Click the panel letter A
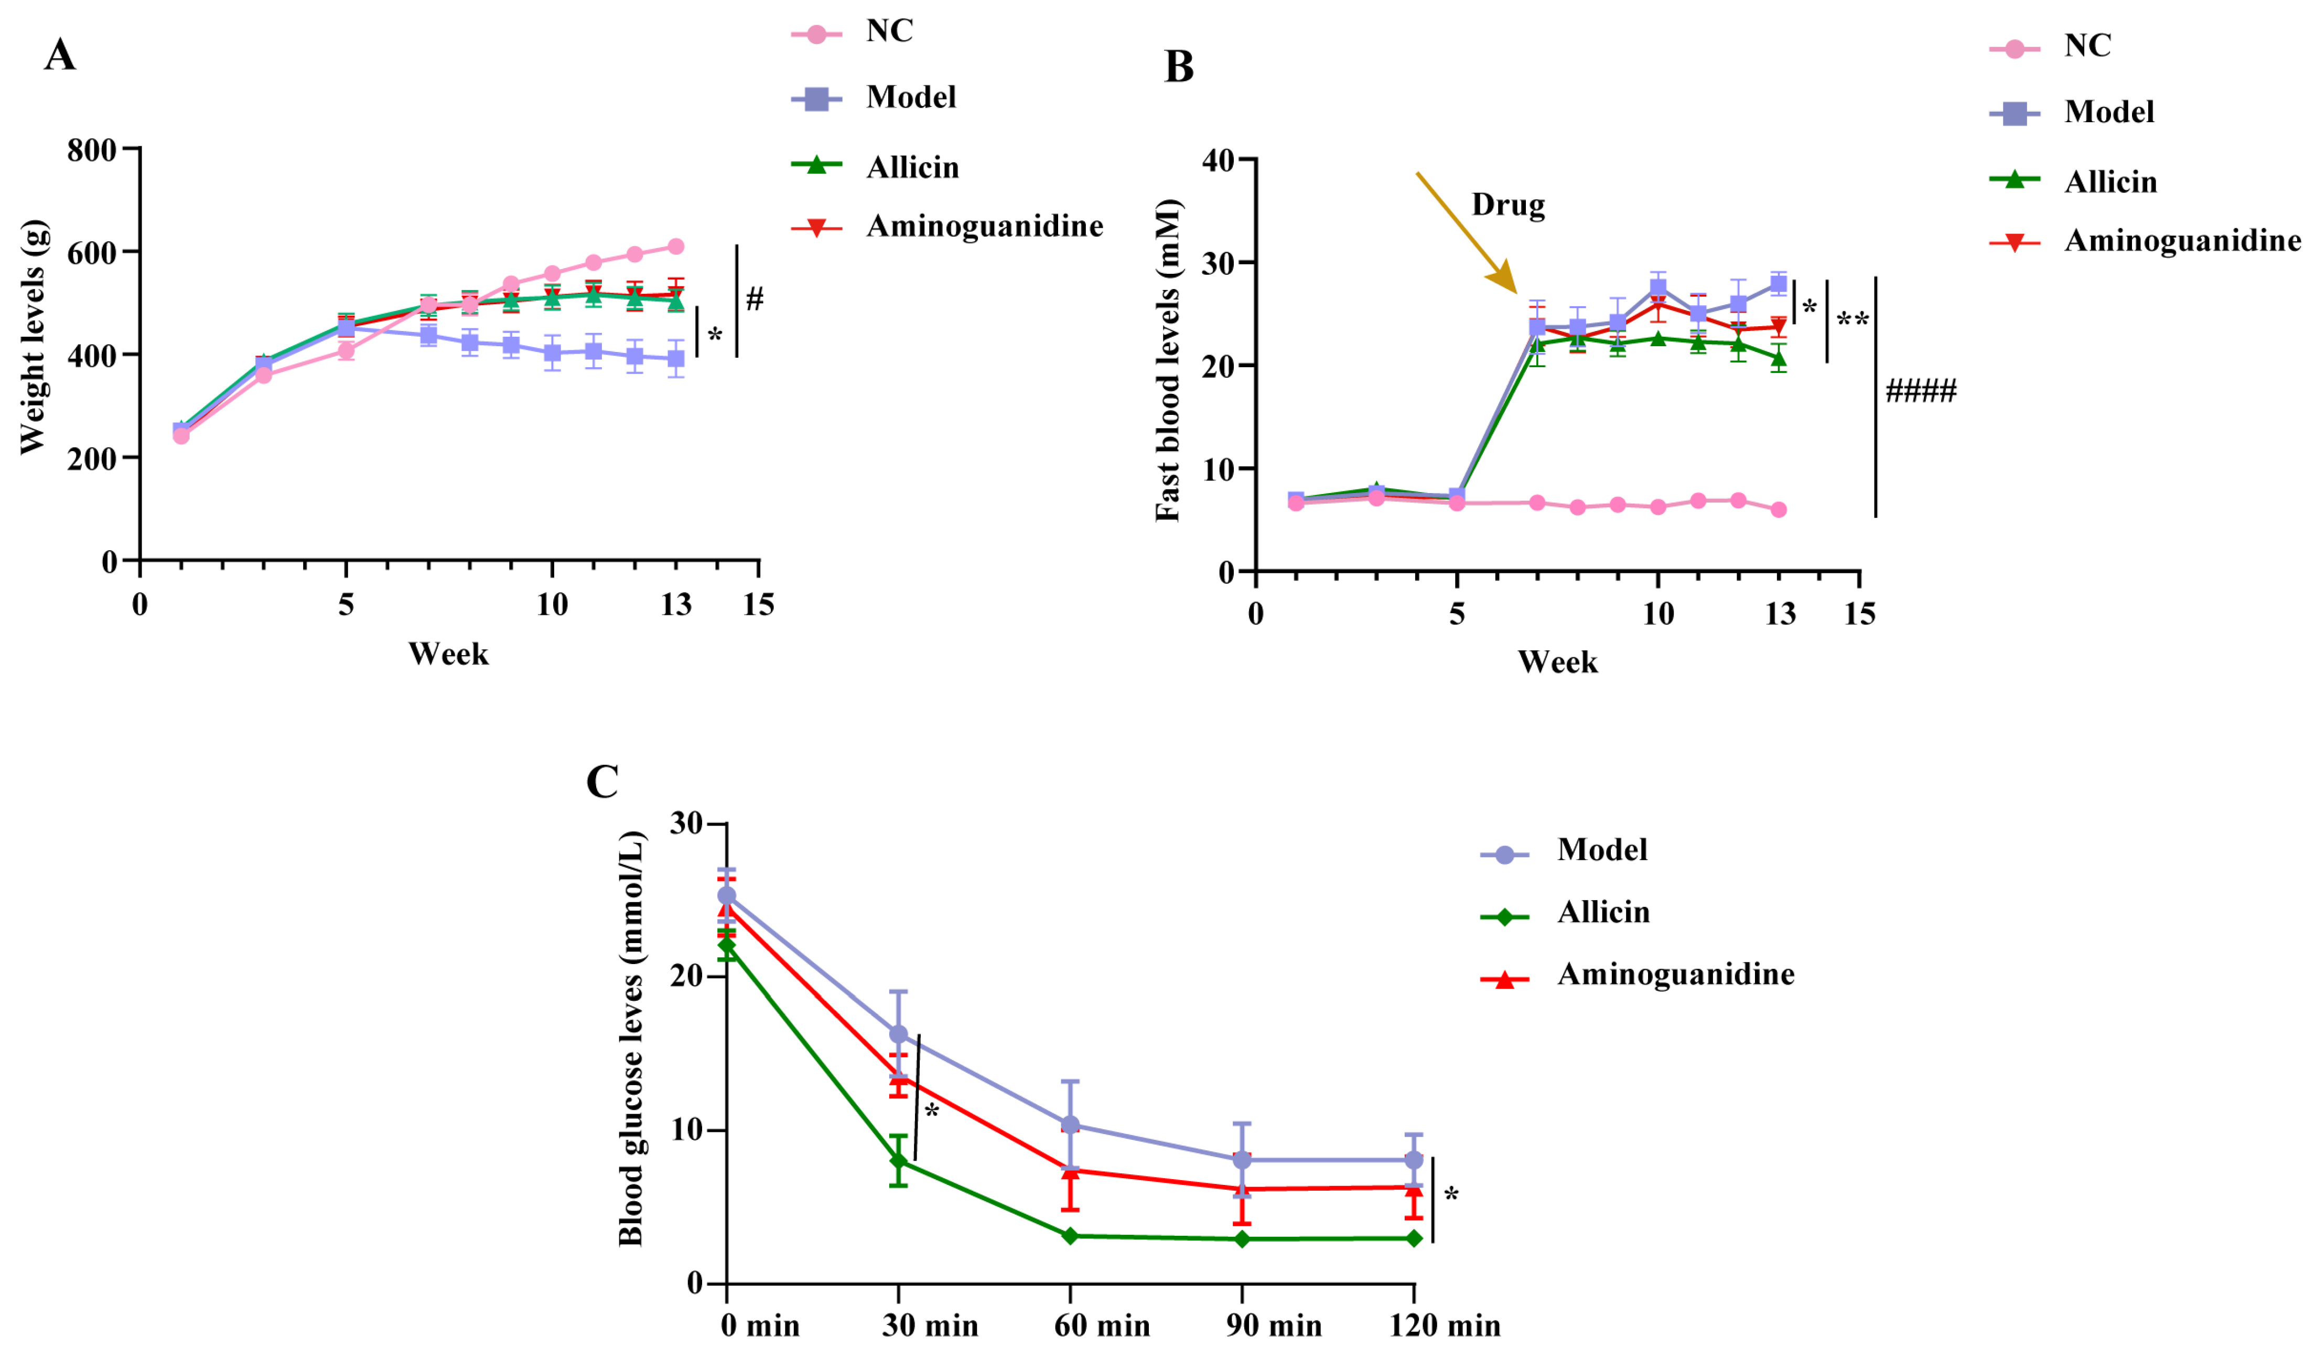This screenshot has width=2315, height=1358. [x=60, y=55]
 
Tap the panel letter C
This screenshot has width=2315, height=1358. [x=602, y=782]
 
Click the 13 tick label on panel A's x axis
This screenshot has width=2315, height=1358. [x=676, y=605]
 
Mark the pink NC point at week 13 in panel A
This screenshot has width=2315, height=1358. [x=676, y=246]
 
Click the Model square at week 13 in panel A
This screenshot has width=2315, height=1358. [x=676, y=358]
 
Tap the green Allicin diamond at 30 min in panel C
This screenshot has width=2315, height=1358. [x=898, y=1161]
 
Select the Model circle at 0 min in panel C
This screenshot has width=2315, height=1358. [x=727, y=896]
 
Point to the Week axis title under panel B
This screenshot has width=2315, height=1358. [x=1557, y=662]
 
